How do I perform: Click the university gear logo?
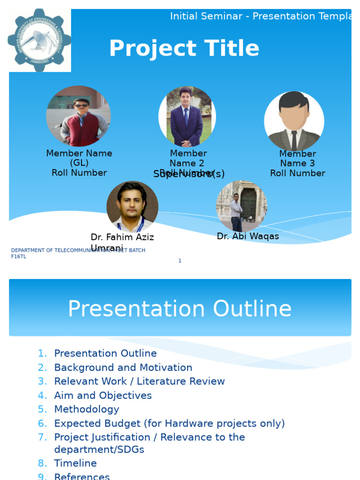pos(39,40)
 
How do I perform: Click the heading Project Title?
pos(184,49)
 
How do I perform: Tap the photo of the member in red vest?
pos(78,116)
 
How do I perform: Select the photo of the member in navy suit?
pos(187,117)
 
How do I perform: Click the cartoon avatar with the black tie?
pos(294,121)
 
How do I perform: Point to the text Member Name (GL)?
pos(79,158)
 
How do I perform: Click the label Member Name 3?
pos(297,158)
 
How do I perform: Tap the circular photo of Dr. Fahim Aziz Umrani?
pos(132,207)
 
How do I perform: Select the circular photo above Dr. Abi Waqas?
pos(241,206)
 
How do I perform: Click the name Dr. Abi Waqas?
pos(247,237)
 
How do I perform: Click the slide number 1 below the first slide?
pos(180,261)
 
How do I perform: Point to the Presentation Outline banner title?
pos(180,309)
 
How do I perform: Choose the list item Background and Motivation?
pos(123,367)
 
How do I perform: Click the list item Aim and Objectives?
pos(103,396)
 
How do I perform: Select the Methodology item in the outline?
pos(87,409)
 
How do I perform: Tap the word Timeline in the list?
pos(75,463)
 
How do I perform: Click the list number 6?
pos(42,424)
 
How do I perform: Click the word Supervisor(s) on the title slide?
pos(189,174)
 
